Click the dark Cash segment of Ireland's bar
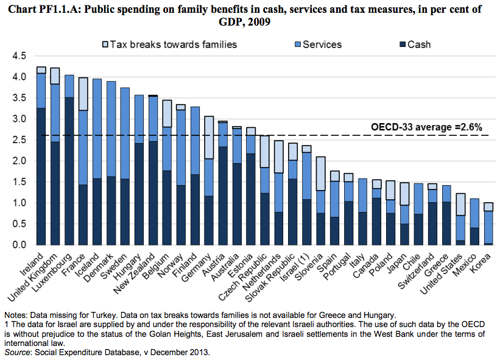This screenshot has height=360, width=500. (x=41, y=176)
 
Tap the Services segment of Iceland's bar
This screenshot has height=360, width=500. (x=97, y=129)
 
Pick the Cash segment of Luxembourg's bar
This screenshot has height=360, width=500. (x=69, y=171)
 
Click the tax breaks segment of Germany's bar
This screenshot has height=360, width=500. (x=209, y=138)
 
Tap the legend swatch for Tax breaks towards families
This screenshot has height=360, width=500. (x=104, y=44)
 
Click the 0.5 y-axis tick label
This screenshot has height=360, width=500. (x=19, y=224)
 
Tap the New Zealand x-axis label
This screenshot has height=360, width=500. (x=135, y=277)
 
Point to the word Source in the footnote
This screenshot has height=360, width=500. (x=18, y=353)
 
